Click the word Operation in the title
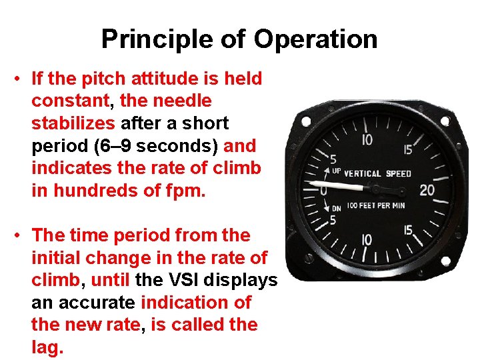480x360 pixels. click(x=315, y=39)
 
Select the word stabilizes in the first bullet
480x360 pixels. click(x=73, y=123)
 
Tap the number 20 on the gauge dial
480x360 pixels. click(x=427, y=191)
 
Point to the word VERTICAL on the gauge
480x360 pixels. click(x=362, y=174)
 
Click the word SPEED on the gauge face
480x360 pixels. click(x=399, y=174)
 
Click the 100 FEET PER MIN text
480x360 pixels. click(x=376, y=207)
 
